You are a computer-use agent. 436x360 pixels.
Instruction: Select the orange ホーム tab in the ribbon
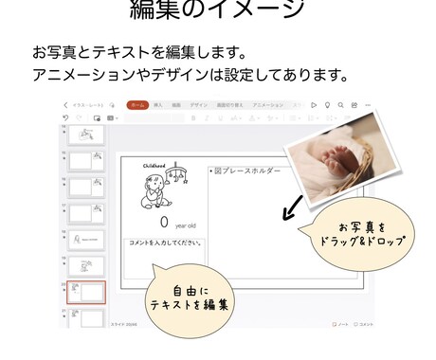(x=137, y=105)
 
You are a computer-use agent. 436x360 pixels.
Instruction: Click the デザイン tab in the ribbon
(x=198, y=105)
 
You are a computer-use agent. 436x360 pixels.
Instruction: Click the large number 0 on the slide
(x=163, y=222)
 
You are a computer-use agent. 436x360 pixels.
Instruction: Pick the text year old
(x=186, y=225)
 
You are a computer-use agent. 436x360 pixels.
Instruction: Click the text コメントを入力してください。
(x=165, y=243)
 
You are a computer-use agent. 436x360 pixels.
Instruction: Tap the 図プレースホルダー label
(x=245, y=171)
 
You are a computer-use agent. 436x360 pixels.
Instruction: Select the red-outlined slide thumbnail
(x=87, y=292)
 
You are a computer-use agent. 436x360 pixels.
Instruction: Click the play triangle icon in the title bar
(x=312, y=105)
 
